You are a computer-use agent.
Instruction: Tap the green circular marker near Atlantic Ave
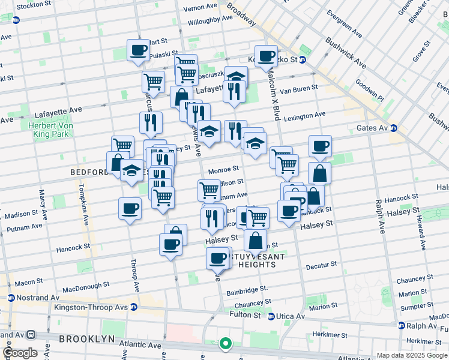(x=226, y=344)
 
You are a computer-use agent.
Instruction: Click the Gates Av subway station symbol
(x=393, y=128)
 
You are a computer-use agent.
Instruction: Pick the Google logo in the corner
(x=20, y=353)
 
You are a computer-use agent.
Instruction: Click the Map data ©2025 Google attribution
(x=411, y=355)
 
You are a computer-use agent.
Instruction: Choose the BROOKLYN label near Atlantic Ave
(x=86, y=339)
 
